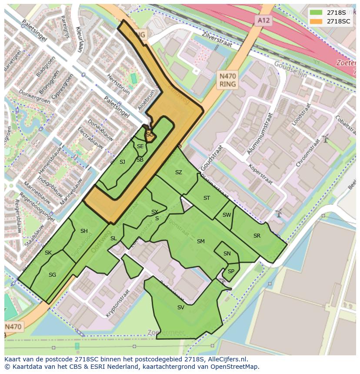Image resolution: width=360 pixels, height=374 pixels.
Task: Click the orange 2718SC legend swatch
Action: point(316,21)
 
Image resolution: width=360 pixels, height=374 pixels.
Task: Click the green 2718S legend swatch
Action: point(316,13)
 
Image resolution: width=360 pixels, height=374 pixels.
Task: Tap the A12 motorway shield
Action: point(261,20)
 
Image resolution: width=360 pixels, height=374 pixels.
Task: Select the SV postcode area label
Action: point(181,308)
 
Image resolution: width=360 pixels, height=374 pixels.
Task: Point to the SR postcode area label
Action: point(257,236)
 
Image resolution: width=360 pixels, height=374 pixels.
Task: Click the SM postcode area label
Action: point(200,242)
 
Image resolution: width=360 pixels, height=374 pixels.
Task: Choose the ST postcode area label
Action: point(207,198)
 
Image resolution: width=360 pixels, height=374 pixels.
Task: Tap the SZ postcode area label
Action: point(178,172)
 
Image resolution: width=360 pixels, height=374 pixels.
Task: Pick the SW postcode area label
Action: point(227,215)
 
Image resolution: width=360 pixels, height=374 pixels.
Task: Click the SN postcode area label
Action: point(227,254)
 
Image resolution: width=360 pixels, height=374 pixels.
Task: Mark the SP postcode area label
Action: point(231,271)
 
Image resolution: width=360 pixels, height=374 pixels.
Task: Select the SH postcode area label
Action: point(84,231)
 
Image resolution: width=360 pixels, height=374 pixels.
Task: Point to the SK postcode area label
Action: point(48,253)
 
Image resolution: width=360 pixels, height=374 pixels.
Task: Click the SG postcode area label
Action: point(52,275)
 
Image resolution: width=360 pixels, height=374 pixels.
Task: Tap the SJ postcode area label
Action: point(122,162)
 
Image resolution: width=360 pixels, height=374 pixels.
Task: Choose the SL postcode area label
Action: point(113,238)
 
